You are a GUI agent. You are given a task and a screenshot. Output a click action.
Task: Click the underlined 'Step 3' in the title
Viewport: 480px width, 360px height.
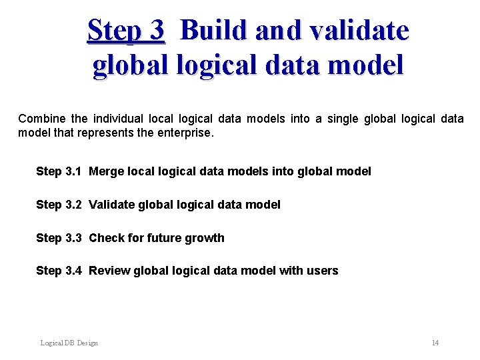click(125, 31)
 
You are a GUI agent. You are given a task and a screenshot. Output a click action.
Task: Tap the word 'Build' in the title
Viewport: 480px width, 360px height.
click(212, 31)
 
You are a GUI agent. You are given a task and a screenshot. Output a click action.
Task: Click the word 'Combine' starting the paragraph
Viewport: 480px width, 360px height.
click(42, 119)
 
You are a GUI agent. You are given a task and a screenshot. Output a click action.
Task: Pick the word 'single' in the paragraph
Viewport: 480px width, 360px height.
click(342, 119)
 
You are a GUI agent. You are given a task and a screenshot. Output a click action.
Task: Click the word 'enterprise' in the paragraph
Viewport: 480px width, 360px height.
click(183, 133)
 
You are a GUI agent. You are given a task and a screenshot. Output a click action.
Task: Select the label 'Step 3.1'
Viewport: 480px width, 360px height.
click(59, 171)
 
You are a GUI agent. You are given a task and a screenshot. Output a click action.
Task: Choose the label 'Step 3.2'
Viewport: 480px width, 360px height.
click(59, 205)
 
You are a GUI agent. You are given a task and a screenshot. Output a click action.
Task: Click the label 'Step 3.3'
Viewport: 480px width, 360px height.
click(59, 238)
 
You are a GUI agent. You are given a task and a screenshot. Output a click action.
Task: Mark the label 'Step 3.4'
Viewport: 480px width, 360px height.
click(59, 271)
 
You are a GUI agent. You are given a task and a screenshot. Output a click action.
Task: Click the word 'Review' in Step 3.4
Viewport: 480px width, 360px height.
click(109, 271)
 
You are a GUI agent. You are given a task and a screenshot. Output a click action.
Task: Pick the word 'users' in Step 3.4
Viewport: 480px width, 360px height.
click(323, 271)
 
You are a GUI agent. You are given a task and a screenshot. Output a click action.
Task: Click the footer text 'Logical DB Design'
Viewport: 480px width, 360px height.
click(69, 343)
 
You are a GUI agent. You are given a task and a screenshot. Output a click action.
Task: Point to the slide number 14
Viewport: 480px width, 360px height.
click(435, 343)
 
